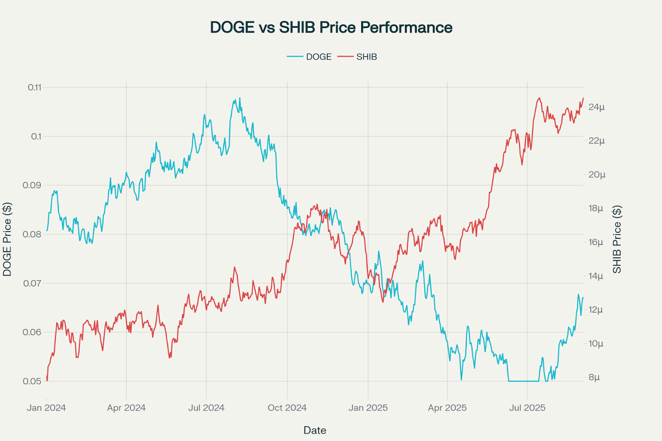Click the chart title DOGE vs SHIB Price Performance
click(331, 27)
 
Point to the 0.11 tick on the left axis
click(35, 87)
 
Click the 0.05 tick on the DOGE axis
click(32, 381)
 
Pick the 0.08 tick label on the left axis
click(32, 234)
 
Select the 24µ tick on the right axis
click(596, 107)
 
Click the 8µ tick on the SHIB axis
click(594, 377)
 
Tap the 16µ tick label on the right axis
click(596, 242)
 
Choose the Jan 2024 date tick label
click(46, 408)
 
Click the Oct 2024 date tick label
click(287, 408)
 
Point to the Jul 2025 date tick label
click(527, 408)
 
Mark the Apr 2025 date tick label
click(447, 408)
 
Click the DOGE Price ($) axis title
click(7, 239)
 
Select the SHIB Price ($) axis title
click(617, 239)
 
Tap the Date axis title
click(315, 430)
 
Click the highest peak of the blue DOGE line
click(240, 98)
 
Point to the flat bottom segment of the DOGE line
click(523, 381)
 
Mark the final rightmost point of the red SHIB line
click(583, 98)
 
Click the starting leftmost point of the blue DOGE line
click(47, 231)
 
